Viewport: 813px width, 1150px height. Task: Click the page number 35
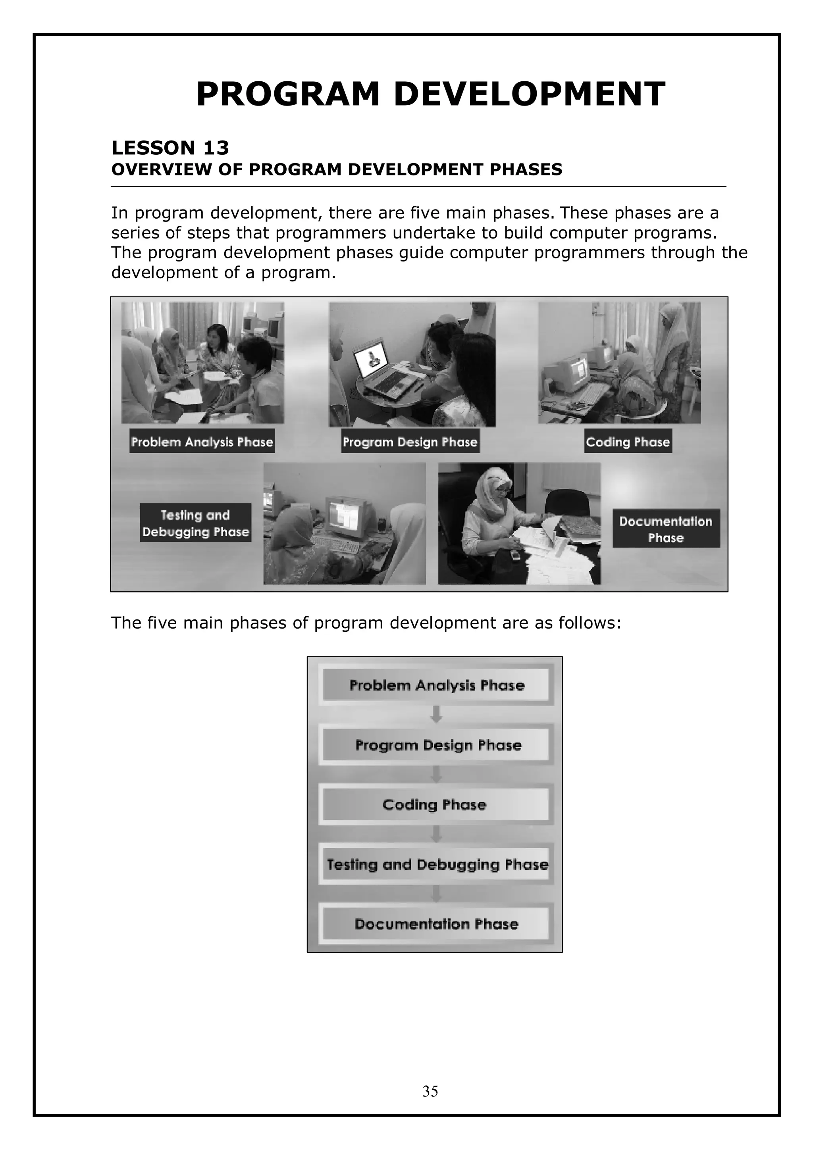click(x=430, y=1091)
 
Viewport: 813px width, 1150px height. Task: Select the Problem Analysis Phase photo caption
click(x=202, y=441)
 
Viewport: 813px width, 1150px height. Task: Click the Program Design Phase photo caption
click(x=410, y=441)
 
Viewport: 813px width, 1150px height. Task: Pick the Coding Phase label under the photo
click(x=628, y=441)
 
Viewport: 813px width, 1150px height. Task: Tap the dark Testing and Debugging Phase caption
click(x=195, y=523)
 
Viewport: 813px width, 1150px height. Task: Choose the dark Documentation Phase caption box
click(x=666, y=529)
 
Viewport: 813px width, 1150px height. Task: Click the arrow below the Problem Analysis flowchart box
click(x=436, y=714)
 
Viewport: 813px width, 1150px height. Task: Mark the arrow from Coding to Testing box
click(x=436, y=834)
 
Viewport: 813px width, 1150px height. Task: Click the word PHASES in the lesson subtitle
click(x=526, y=170)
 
